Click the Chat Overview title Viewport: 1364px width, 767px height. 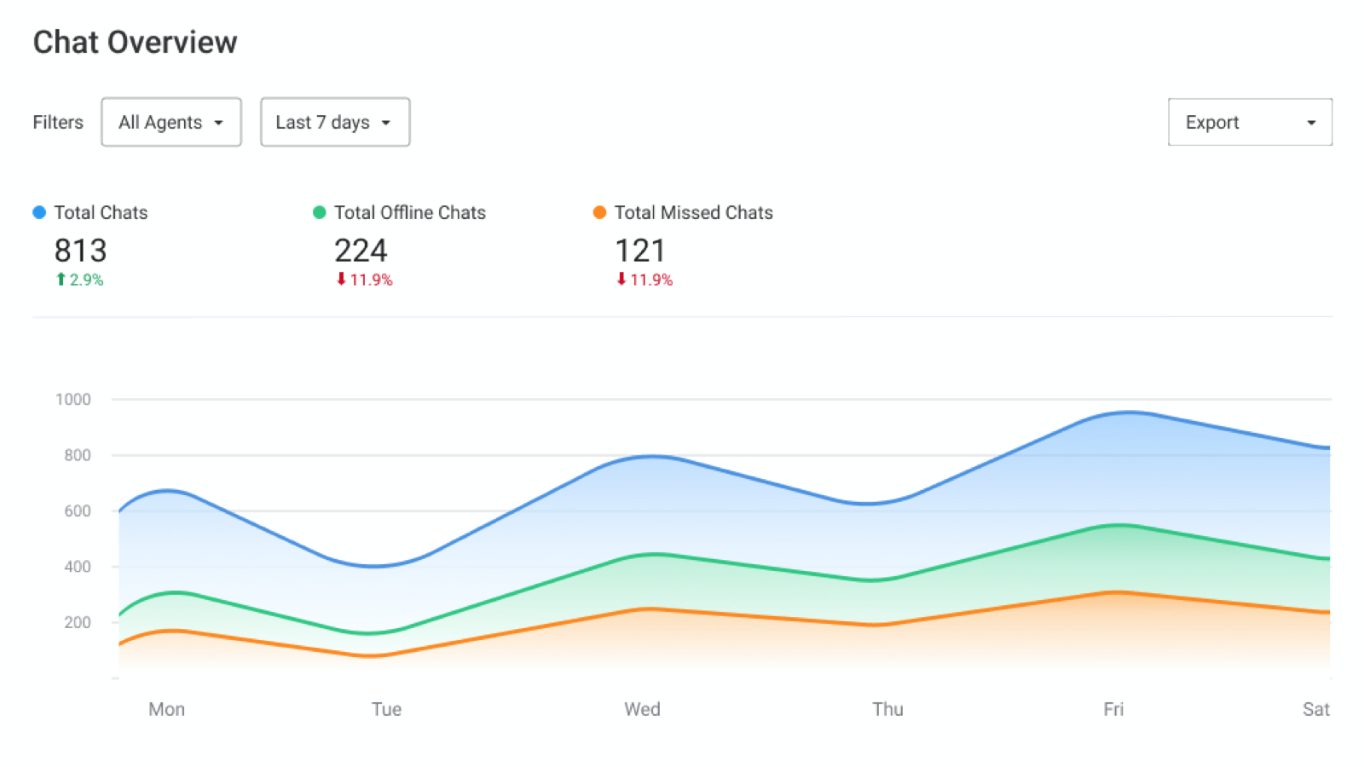click(x=135, y=42)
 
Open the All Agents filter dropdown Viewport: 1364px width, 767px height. click(x=170, y=122)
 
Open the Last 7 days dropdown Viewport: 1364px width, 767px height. click(x=334, y=122)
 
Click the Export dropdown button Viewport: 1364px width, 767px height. click(x=1249, y=122)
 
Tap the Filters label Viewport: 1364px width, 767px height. click(x=58, y=122)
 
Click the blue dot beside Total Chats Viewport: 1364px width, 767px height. click(x=39, y=212)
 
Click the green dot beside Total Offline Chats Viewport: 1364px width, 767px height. click(x=320, y=212)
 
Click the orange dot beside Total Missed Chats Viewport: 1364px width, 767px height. click(x=599, y=212)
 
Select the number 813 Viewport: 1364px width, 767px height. click(x=80, y=251)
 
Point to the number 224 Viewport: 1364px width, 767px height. click(x=361, y=251)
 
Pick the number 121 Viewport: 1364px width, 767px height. click(x=640, y=251)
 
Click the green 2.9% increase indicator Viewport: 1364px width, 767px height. click(x=79, y=280)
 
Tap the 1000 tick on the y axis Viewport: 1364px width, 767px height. click(x=73, y=400)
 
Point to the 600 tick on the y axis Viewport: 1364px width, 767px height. click(x=78, y=511)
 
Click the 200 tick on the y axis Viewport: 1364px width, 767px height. click(x=78, y=622)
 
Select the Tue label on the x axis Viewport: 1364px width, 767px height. click(x=386, y=709)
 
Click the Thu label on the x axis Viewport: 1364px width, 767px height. click(x=887, y=709)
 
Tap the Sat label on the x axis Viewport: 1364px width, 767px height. click(x=1315, y=709)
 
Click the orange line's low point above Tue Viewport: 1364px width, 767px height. click(x=372, y=655)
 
